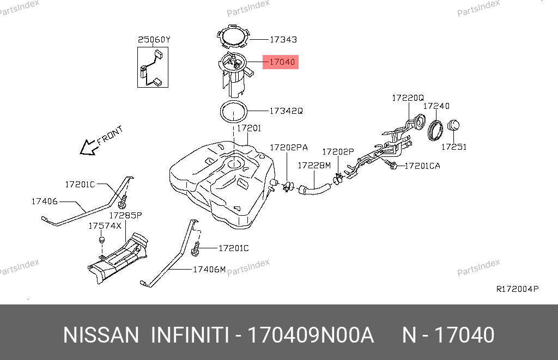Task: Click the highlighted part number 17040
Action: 282,62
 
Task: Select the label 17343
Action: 283,40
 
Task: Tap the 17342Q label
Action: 286,111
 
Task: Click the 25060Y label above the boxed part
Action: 154,40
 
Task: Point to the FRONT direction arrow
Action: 89,147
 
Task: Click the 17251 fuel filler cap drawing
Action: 453,126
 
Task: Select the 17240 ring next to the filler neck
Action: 435,131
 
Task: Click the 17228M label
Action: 314,166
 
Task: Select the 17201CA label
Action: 422,166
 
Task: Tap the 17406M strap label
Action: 209,269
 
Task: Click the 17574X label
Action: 105,226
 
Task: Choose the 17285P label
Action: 126,215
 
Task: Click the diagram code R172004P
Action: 518,289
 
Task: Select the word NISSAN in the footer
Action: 101,335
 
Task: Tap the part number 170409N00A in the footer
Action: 310,335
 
